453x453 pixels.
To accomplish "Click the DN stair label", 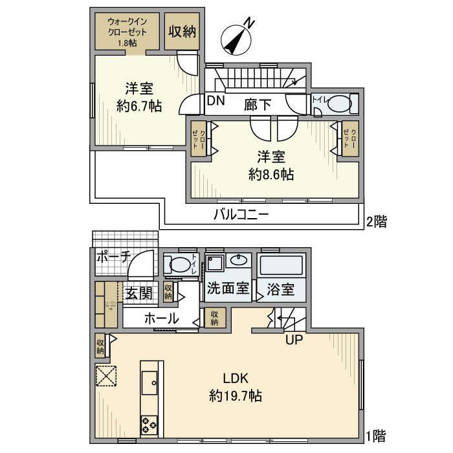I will tap(216, 101).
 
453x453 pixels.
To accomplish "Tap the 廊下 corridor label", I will tap(258, 104).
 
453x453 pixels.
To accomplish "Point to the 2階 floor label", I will tap(376, 222).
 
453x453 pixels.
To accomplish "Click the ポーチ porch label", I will tap(114, 256).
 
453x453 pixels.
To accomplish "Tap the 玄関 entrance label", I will tap(138, 293).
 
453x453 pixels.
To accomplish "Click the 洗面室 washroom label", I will tap(228, 289).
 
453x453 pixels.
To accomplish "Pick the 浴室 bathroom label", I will tap(280, 289).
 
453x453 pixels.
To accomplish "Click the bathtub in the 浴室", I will tap(280, 266).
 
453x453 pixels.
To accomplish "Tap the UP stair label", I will tap(294, 338).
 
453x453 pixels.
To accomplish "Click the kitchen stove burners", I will tap(149, 425).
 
